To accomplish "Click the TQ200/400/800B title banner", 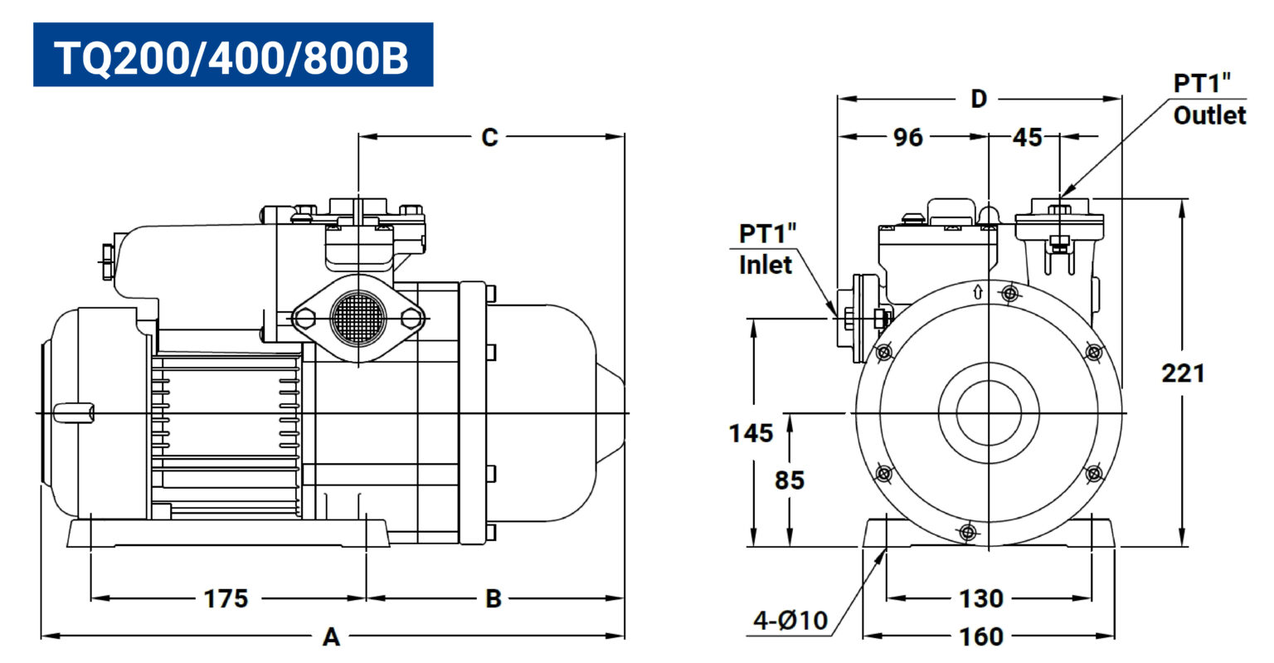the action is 233,55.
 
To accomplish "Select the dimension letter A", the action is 331,636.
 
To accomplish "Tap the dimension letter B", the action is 494,599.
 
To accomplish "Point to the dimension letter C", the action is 489,137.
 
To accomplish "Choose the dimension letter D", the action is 978,99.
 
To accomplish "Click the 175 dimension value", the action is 226,599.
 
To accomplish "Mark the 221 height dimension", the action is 1183,373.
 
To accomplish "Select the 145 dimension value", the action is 751,434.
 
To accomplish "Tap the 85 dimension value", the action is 790,480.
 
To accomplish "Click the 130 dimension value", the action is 981,599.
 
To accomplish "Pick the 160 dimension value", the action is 981,636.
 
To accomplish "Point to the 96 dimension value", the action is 907,137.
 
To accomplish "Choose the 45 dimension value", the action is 1027,137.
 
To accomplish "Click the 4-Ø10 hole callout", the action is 790,621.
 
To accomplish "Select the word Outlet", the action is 1209,115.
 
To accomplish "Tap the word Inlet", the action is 765,266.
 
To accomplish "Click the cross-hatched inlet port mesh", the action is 358,318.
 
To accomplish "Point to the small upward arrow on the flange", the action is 978,292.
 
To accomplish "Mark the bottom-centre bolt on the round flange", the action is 967,532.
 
